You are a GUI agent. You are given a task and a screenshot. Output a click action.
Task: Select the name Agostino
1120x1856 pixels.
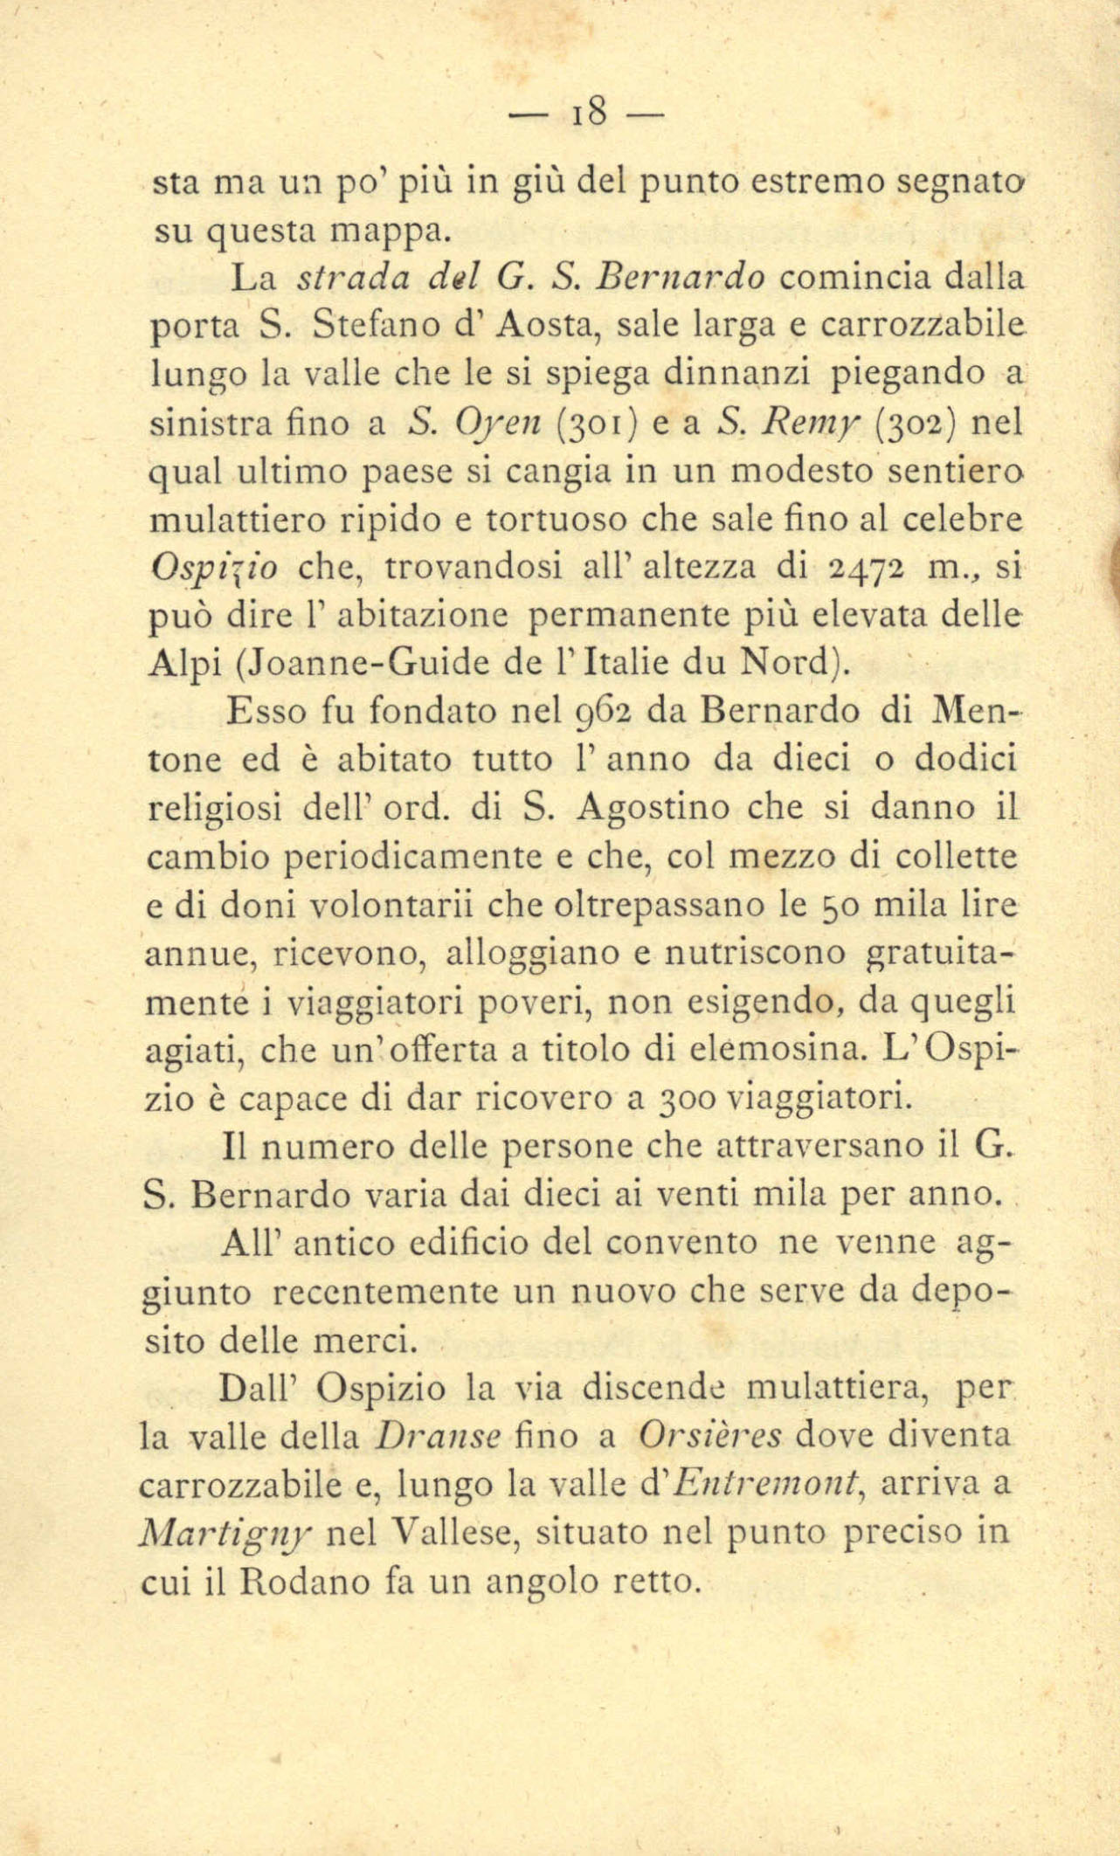[x=653, y=808]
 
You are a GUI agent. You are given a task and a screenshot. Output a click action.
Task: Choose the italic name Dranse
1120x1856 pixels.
[x=436, y=1438]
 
